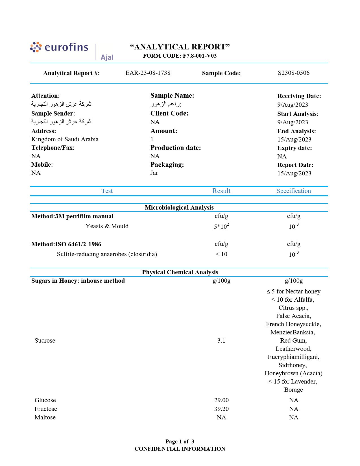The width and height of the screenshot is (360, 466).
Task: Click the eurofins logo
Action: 59,47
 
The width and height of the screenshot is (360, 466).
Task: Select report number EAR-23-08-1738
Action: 148,73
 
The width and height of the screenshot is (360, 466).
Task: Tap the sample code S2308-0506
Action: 294,73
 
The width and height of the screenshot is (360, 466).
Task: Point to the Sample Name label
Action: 172,95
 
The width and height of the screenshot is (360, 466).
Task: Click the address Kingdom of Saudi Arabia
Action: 65,139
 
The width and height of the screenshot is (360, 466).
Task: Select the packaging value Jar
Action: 154,173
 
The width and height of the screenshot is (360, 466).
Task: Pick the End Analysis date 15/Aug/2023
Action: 294,140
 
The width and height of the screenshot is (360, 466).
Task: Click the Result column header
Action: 221,191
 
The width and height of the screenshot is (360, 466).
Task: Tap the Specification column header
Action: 294,191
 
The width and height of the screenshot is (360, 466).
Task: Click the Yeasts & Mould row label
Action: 107,226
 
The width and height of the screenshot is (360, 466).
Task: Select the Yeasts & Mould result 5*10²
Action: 221,226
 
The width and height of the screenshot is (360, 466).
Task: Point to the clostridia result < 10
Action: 221,254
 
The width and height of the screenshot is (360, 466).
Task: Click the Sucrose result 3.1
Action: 221,341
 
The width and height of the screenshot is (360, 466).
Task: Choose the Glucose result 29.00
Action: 221,400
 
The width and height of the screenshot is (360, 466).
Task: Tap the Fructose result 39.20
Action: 221,409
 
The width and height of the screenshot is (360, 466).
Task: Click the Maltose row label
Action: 45,417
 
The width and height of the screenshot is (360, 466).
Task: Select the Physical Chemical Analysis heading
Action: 180,272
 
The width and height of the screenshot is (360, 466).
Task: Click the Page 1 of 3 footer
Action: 180,441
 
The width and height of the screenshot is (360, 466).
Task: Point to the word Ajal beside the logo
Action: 107,57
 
